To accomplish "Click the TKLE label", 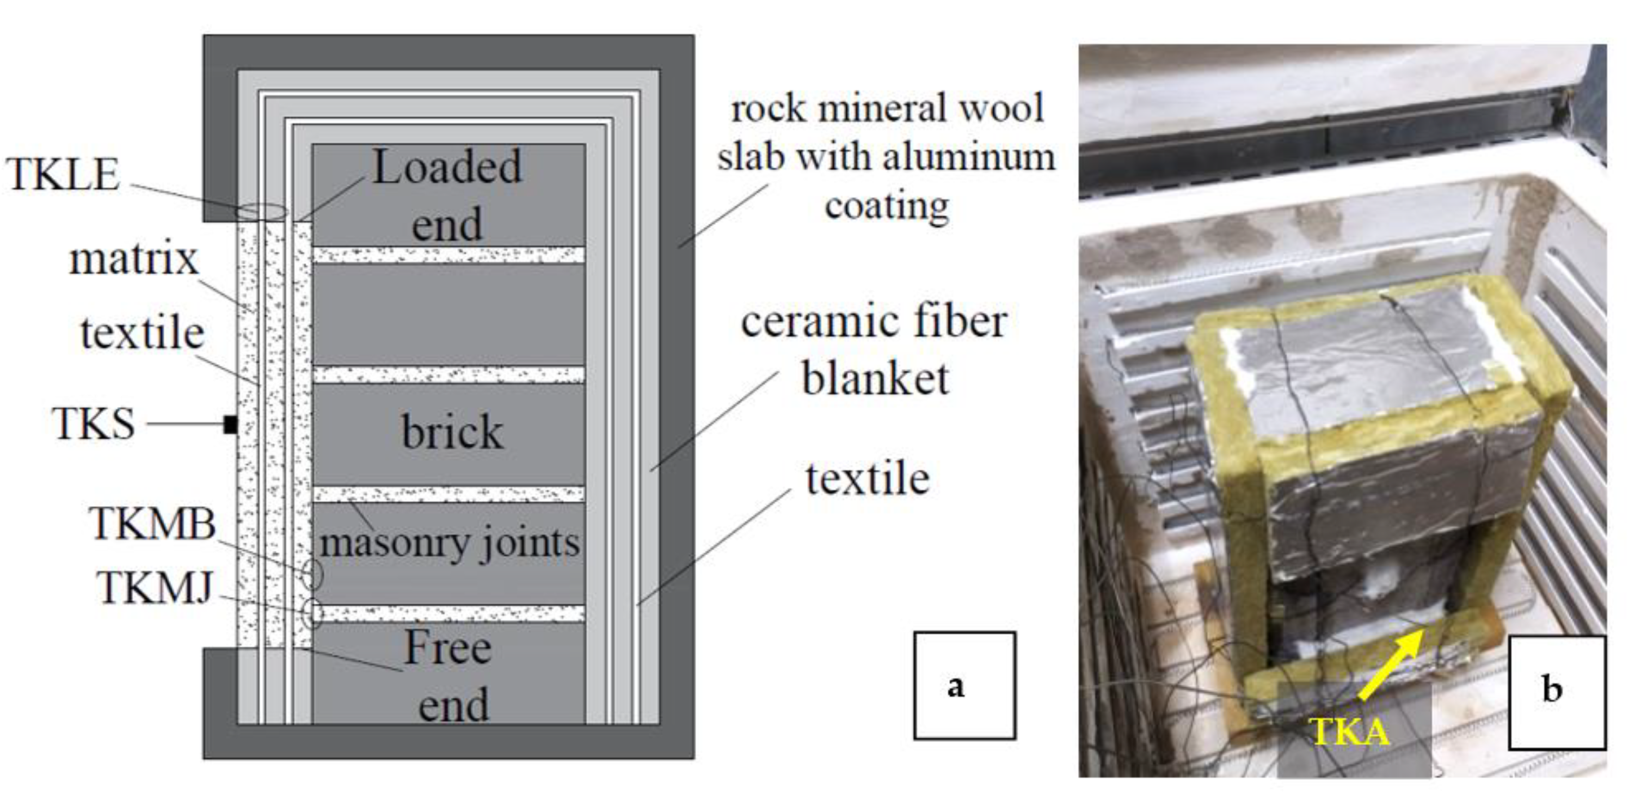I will point(63,174).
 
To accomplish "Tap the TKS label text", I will point(94,424).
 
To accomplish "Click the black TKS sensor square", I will point(231,424).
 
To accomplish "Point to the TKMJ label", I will point(155,588).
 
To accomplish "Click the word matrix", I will point(134,260).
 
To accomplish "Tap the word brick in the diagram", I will point(452,432).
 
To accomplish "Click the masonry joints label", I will point(450,544).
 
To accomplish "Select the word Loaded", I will point(447,167).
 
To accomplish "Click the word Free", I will point(447,648).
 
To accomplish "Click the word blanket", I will point(875,379).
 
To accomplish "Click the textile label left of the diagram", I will point(142,333).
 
